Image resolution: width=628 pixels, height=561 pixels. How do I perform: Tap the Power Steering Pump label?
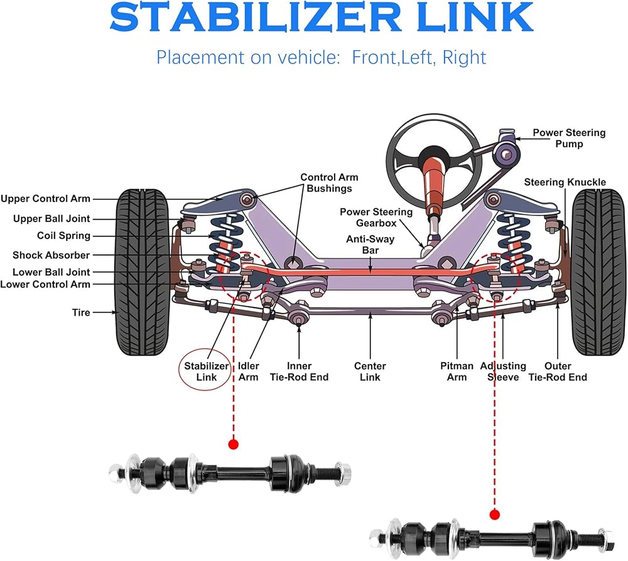pos(569,138)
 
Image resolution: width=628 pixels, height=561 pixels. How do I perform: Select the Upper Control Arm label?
pos(45,199)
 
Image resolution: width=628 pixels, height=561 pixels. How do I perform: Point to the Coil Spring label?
pos(63,236)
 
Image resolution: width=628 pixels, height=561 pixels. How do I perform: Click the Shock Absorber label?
pos(51,255)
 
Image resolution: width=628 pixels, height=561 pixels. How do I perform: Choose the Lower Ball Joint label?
pos(51,272)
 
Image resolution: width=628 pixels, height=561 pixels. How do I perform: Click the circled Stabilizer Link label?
pos(205,371)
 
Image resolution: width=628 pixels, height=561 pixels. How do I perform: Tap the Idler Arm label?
pos(248,371)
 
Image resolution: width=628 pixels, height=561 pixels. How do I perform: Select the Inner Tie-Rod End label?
pos(299,371)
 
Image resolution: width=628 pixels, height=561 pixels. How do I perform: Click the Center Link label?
pos(370,371)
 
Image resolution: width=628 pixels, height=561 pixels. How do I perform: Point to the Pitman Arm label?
pos(457,371)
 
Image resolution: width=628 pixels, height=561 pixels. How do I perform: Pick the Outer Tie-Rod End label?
pos(558,371)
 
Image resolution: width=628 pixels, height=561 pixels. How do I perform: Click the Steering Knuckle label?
pos(565,183)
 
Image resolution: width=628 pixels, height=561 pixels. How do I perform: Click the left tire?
pos(144,271)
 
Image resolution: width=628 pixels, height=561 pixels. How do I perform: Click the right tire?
pos(597,271)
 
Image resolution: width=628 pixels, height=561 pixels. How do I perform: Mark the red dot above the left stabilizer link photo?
pos(234,444)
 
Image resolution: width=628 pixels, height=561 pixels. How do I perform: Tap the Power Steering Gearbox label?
pos(376,217)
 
